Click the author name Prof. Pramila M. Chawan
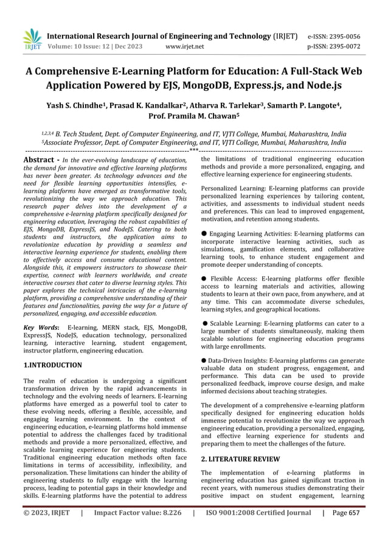coord(194,117)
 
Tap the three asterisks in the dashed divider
coord(193,150)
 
